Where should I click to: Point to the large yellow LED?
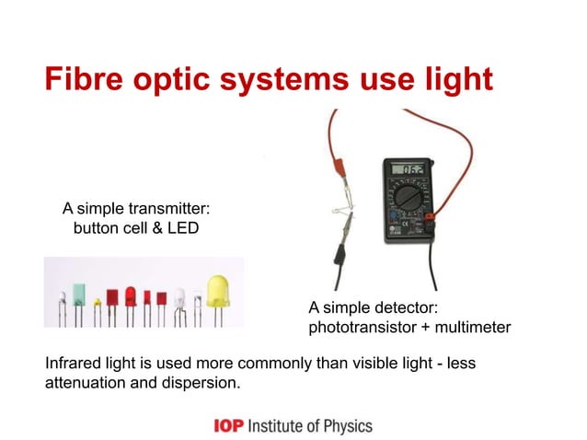click(219, 289)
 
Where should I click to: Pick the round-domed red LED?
click(131, 297)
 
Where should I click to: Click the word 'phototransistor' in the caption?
click(357, 327)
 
